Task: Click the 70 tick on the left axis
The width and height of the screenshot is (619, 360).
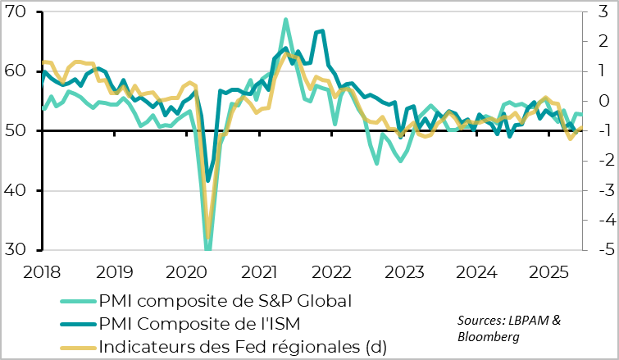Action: tap(17, 12)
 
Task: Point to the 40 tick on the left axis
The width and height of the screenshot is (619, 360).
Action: tap(17, 190)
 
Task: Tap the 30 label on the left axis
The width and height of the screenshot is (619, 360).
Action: tap(17, 250)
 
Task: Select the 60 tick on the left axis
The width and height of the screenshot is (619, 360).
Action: tap(17, 71)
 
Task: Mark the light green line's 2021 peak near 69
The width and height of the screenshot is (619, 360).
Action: tap(285, 19)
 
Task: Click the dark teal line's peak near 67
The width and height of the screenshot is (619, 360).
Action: tap(322, 31)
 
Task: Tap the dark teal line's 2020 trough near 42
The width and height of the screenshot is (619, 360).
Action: tap(208, 181)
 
